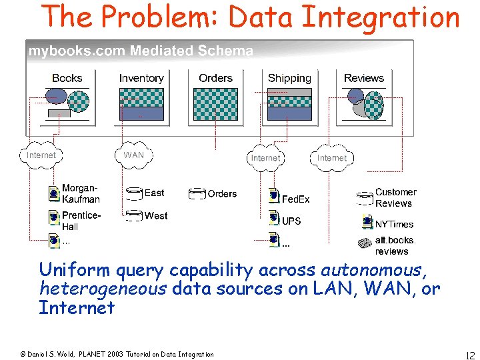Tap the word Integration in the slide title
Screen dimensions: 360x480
(381, 17)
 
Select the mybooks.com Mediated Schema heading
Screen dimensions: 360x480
(140, 51)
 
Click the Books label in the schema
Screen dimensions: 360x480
(67, 78)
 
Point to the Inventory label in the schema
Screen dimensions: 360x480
(141, 78)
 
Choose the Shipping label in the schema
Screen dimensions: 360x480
(289, 78)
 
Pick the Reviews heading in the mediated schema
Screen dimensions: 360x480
(363, 78)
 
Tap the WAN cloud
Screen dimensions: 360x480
(134, 155)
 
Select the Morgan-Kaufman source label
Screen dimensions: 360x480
(81, 193)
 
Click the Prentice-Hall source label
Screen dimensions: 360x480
(81, 221)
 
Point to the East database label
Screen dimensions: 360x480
(154, 193)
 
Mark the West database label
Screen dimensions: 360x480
(156, 215)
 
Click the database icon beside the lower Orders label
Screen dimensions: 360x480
(197, 194)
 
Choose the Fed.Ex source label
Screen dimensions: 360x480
(295, 199)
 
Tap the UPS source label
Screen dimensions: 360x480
(291, 221)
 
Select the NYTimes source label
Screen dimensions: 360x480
(394, 225)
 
